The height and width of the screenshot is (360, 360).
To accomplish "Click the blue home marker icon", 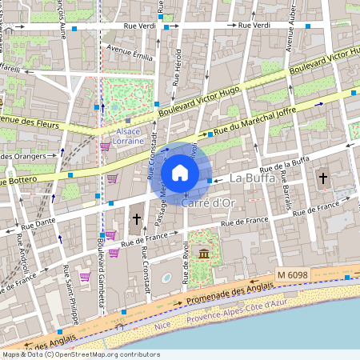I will point(180,173).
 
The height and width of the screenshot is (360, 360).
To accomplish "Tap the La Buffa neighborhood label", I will point(252,177).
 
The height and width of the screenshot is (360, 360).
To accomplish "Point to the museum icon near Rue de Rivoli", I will point(206,254).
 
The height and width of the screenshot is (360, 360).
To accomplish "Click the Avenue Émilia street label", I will point(130,56).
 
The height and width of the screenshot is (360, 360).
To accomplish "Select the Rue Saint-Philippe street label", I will point(70,297).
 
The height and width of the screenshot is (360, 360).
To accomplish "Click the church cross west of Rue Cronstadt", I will point(136,218).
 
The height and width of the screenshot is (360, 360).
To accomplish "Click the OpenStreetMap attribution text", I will point(80,354).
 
